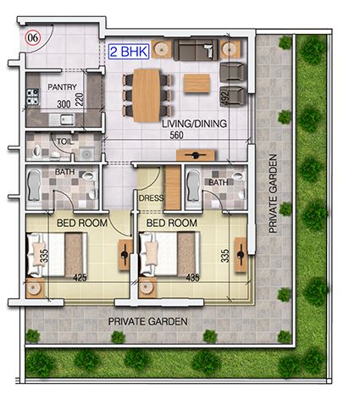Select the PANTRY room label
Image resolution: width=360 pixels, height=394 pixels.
(62, 87)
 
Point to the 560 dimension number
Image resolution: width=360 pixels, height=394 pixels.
(177, 136)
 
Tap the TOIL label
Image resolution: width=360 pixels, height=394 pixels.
(64, 142)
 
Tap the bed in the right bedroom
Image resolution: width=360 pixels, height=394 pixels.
(169, 254)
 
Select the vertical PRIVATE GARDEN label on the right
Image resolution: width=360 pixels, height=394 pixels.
(274, 192)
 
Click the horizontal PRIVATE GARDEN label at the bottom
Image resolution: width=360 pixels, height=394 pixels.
(147, 322)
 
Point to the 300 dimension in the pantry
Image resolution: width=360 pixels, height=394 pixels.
(63, 104)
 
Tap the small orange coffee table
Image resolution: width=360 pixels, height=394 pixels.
(197, 83)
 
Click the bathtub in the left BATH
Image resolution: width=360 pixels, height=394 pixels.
(34, 186)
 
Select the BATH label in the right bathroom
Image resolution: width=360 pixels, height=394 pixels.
(218, 182)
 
